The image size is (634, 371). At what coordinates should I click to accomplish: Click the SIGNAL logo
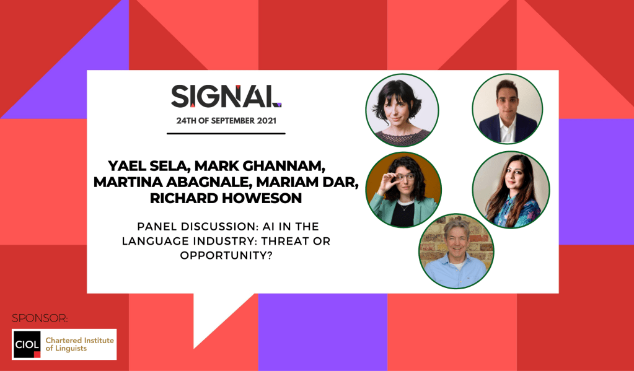226,96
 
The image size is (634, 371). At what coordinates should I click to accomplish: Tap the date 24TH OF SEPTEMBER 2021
226,121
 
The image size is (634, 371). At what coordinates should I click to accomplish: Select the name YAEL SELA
148,166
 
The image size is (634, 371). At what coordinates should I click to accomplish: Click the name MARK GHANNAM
261,166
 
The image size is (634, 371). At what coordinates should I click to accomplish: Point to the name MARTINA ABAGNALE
172,182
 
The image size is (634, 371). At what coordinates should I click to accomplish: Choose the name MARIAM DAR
307,182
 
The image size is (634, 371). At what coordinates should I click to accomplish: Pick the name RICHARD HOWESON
226,198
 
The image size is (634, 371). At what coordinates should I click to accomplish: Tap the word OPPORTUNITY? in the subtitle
226,256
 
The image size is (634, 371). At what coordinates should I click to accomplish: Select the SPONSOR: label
40,318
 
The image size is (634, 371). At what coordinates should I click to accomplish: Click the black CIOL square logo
27,344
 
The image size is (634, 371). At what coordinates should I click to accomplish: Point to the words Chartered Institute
80,340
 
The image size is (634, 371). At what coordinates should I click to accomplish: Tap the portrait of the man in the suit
508,109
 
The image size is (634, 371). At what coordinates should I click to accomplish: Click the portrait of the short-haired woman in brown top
402,110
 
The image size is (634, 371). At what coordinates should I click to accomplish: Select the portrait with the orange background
403,190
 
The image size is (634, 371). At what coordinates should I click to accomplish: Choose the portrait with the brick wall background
456,251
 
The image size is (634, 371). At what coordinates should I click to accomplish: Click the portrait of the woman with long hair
511,190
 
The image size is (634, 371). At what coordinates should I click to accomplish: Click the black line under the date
226,133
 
